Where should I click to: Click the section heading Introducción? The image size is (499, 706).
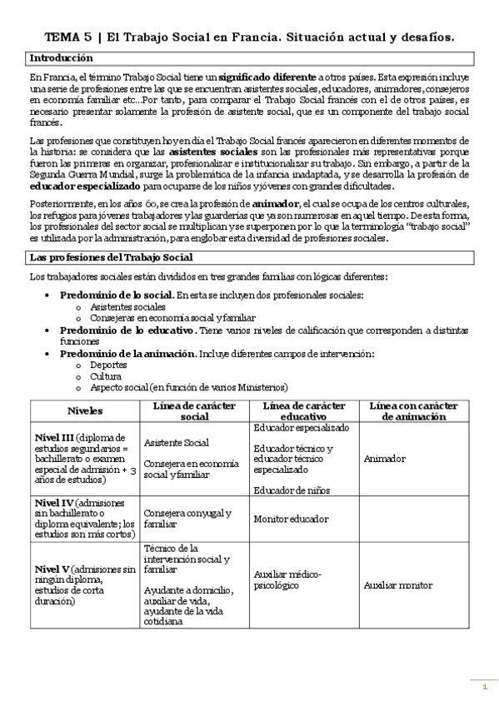tap(61, 58)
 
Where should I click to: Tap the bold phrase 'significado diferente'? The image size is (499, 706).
tap(272, 77)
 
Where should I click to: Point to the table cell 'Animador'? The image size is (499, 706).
tap(385, 459)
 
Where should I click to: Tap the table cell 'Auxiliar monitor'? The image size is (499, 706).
tap(398, 585)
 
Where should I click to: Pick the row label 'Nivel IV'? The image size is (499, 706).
tap(53, 504)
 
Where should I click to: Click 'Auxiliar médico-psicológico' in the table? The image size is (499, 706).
tap(288, 579)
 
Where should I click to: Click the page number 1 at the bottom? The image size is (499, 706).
tap(485, 687)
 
